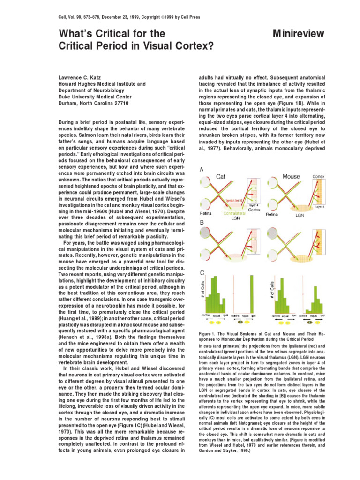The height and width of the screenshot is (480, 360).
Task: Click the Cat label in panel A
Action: point(221,176)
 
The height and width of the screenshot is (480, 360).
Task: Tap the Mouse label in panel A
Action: point(291,176)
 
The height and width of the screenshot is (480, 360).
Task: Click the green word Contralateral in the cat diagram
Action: point(228,213)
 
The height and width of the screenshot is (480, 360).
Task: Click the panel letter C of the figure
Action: point(202,272)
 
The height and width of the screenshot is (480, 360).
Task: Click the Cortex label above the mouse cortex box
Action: point(318,177)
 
